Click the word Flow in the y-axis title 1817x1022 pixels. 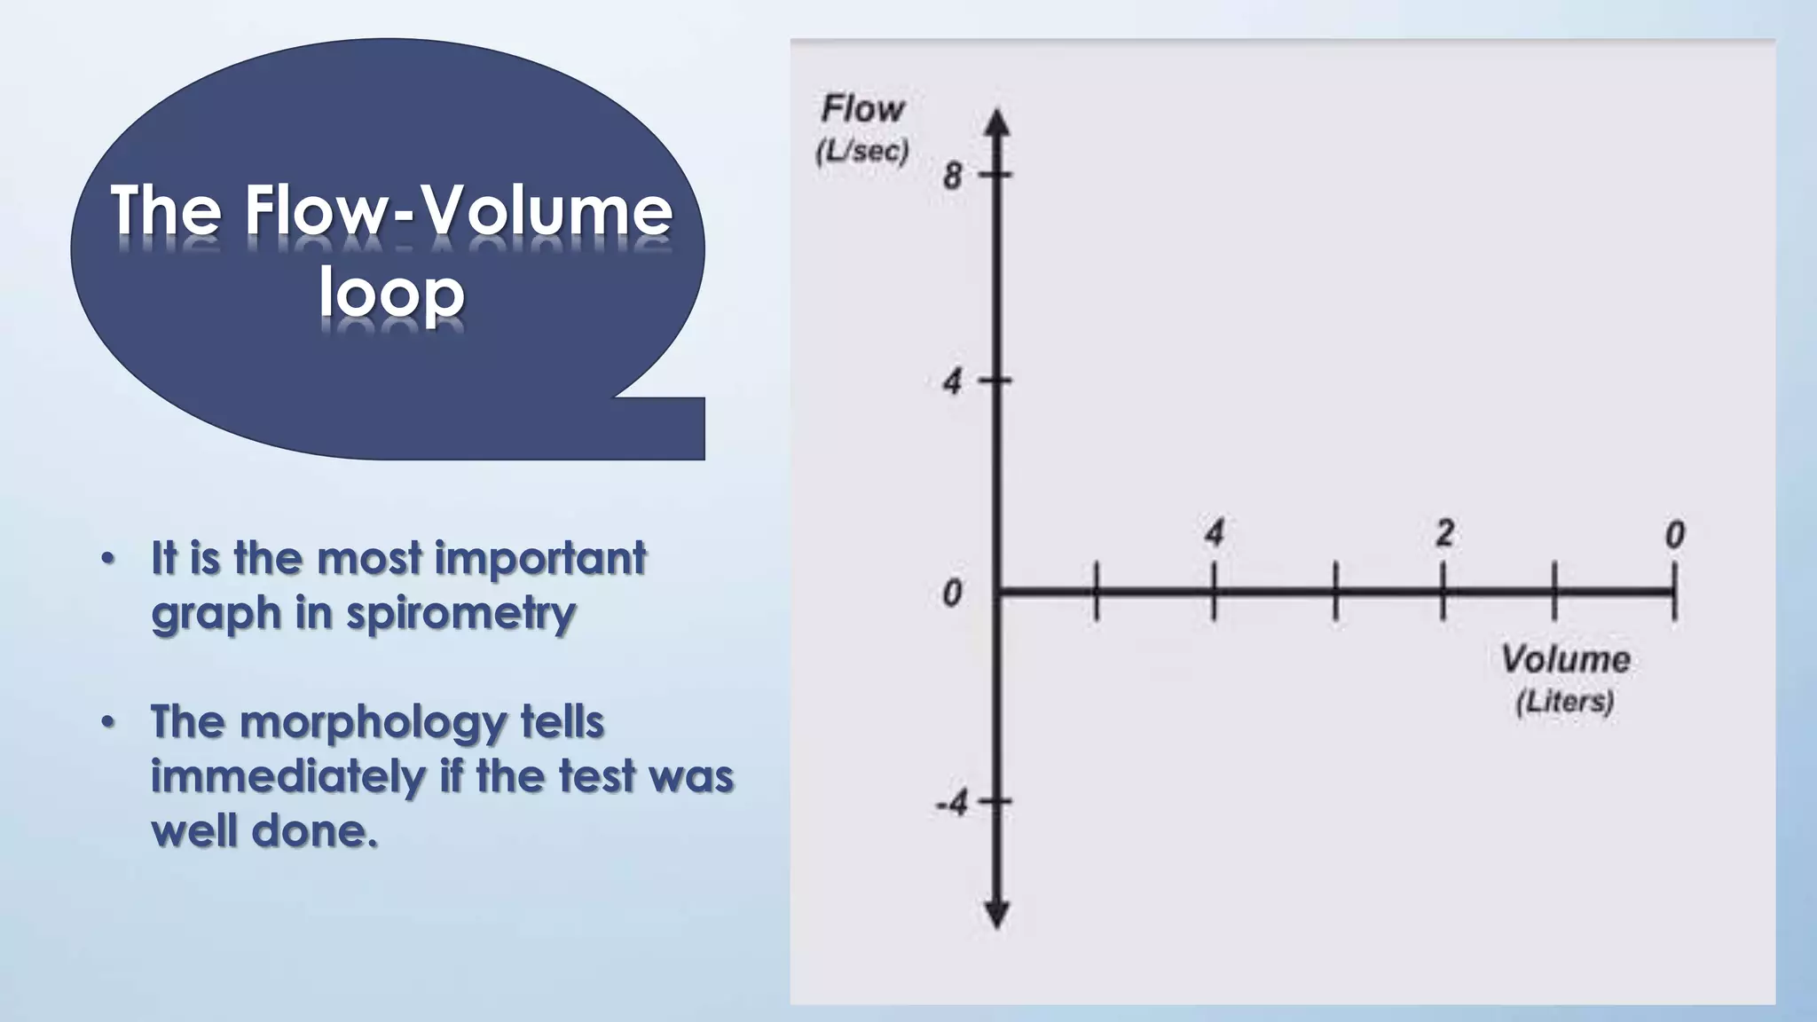coord(862,110)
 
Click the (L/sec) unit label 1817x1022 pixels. coord(862,152)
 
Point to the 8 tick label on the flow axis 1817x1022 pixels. coord(952,176)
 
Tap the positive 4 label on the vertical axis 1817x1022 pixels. coord(952,382)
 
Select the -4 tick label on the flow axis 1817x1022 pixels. coord(951,804)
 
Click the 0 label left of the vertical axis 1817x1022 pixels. coord(952,593)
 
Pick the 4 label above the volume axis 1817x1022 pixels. coord(1214,533)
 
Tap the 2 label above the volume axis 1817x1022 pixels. coord(1444,533)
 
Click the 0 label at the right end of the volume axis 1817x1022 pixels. coord(1674,534)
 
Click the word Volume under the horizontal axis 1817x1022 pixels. coord(1565,659)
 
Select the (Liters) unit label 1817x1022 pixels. coord(1565,702)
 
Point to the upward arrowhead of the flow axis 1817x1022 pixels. coord(998,122)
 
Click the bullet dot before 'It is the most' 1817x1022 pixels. coord(108,559)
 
